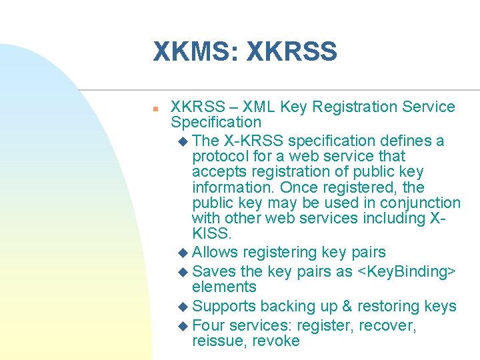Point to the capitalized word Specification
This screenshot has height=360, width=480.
click(216, 122)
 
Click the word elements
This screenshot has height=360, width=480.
click(224, 287)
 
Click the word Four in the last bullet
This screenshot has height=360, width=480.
click(208, 326)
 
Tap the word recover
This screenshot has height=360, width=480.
click(391, 326)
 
